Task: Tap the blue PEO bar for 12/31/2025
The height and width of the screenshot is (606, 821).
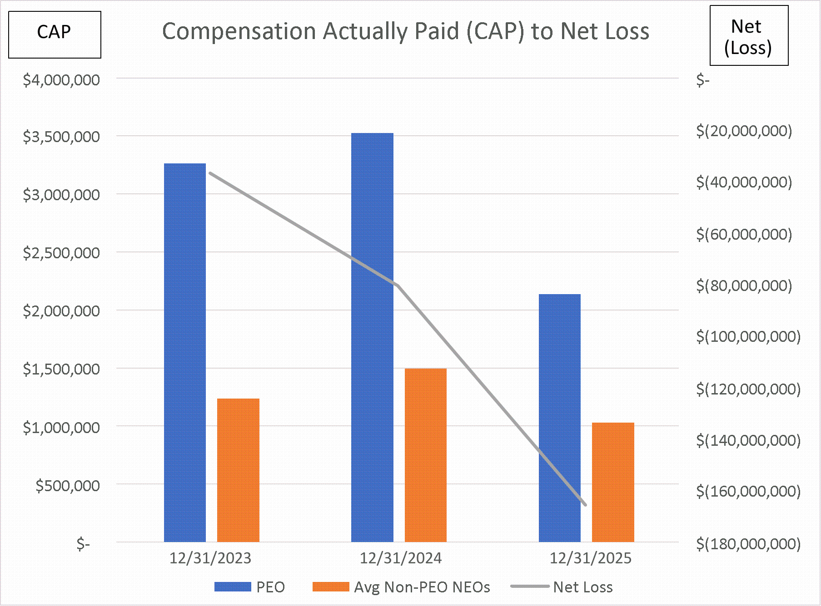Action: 559,418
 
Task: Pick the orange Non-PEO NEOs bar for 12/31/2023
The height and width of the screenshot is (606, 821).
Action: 238,470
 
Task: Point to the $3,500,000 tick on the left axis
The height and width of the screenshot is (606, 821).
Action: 61,137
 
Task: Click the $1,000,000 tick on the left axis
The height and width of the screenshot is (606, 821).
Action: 61,427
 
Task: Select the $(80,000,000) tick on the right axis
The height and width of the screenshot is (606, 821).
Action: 744,286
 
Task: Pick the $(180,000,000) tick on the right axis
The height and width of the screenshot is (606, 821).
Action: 748,543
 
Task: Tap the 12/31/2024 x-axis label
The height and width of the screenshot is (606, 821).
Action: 400,558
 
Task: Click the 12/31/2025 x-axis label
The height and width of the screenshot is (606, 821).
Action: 590,558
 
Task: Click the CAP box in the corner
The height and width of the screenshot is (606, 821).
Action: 55,34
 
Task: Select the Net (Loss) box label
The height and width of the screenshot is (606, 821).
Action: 748,36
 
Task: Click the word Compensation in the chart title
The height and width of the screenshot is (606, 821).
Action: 239,32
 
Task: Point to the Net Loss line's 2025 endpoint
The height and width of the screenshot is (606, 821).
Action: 585,504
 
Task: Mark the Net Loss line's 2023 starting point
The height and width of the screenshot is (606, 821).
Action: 210,173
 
